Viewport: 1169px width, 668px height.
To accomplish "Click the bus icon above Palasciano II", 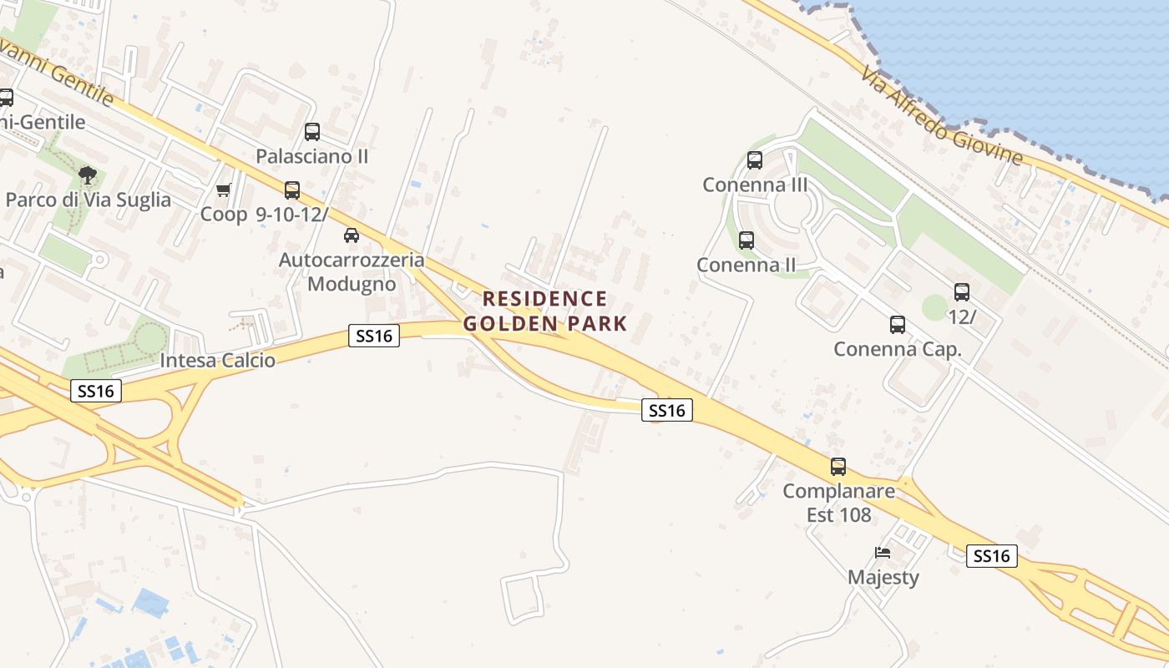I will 311,132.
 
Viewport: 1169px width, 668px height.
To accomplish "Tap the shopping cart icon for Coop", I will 223,191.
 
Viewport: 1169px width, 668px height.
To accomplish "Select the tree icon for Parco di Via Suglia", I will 87,175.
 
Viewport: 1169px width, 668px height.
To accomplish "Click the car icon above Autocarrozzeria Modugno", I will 352,235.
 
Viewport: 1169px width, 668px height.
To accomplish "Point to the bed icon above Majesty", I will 883,553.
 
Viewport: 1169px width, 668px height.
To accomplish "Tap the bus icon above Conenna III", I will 755,160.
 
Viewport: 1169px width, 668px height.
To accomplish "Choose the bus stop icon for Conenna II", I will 746,240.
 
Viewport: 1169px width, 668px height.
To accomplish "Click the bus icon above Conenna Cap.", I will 898,325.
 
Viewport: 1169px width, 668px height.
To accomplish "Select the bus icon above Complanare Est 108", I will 838,467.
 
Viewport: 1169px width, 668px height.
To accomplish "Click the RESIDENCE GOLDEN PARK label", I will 545,311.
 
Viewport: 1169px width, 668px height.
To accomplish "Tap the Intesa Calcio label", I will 217,361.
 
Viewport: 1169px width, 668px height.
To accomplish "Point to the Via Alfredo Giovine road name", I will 942,116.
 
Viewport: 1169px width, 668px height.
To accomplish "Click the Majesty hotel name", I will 883,577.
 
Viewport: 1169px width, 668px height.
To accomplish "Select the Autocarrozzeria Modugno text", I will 352,272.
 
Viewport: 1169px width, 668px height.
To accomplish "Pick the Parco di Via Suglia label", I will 88,200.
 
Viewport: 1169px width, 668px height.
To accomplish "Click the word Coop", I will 224,214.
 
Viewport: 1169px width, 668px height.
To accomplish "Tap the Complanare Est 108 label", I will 838,503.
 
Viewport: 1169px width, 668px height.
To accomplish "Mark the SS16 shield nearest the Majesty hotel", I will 992,556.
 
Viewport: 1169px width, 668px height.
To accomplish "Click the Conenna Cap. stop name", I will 898,349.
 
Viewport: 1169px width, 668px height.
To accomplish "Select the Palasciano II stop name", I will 311,156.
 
